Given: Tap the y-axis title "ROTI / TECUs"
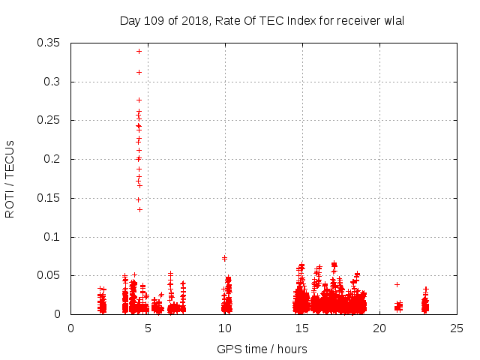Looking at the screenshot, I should pos(10,178).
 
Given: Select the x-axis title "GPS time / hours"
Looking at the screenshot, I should pos(262,349).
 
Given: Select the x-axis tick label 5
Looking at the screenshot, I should pos(148,328).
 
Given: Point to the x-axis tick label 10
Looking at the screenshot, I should pos(225,328).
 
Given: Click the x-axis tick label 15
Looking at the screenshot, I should pos(302,328).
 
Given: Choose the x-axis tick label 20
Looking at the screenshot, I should pos(379,328).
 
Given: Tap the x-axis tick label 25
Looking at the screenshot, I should pos(457,328).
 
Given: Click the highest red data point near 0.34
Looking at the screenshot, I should pos(139,51).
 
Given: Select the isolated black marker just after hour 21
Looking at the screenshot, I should pos(397,284).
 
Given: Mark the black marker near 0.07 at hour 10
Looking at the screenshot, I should pos(224,258).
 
